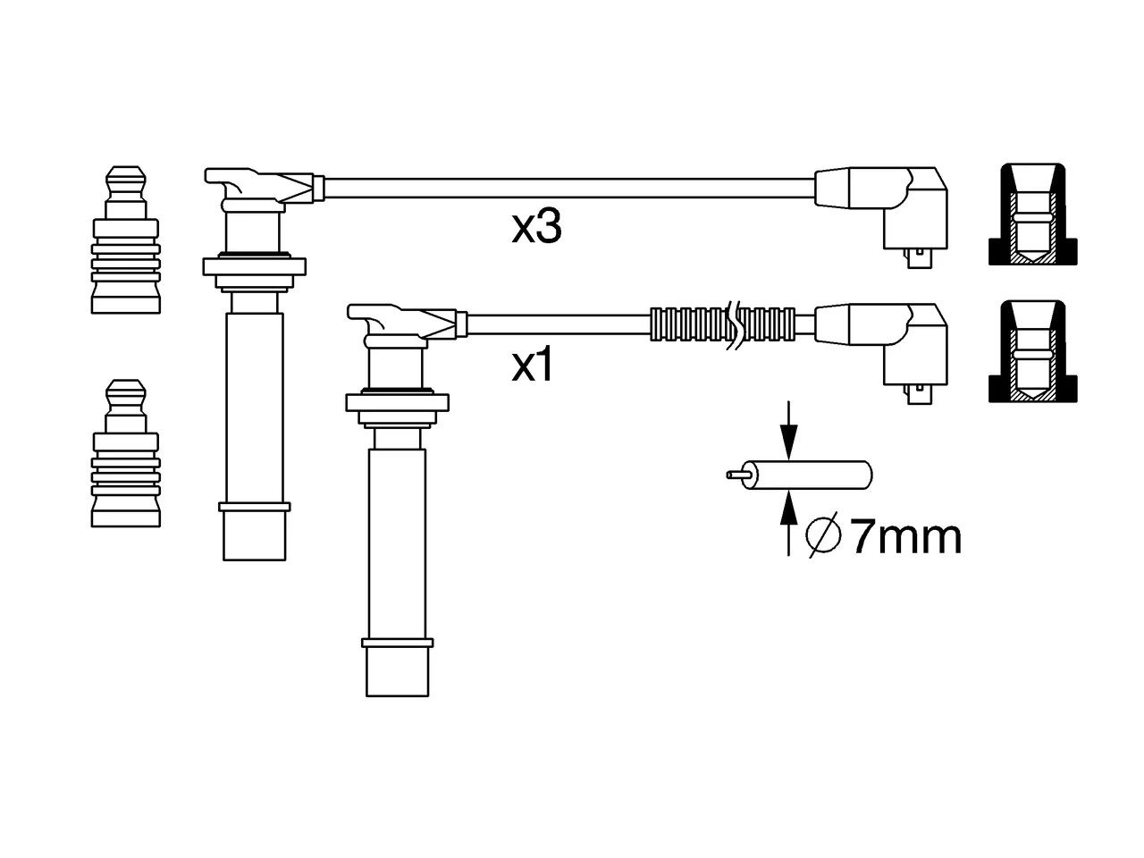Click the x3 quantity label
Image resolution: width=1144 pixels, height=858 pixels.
point(536,227)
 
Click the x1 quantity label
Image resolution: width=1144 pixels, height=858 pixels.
point(532,366)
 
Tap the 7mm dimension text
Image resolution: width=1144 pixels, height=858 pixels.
point(905,536)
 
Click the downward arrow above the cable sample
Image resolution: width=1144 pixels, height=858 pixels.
point(789,431)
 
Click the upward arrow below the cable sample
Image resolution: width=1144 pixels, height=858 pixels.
point(789,523)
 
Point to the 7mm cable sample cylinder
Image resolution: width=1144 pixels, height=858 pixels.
point(800,475)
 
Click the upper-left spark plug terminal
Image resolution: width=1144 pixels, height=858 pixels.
point(126,240)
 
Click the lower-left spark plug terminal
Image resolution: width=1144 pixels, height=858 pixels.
point(126,453)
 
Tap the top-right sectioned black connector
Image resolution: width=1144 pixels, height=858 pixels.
point(1032,214)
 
